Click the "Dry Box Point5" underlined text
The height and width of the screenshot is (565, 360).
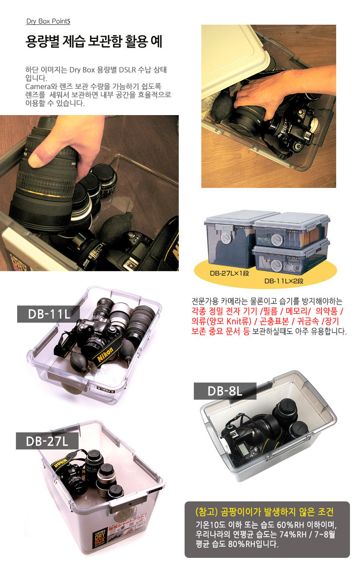click(48, 21)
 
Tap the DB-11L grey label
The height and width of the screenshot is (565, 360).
click(49, 314)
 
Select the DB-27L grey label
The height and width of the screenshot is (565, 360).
click(47, 441)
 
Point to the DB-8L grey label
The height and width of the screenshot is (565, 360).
click(225, 391)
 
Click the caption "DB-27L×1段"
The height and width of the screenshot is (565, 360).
click(229, 273)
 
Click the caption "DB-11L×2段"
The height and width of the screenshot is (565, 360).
click(284, 281)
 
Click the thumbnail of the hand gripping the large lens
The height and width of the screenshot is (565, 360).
click(89, 193)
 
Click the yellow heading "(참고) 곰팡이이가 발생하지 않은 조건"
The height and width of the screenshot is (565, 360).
click(265, 511)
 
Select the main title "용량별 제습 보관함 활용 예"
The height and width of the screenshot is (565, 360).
click(94, 41)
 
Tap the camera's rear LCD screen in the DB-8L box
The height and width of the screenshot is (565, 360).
click(243, 449)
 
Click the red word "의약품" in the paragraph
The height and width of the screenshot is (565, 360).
click(326, 311)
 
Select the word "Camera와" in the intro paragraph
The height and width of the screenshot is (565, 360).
click(41, 87)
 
